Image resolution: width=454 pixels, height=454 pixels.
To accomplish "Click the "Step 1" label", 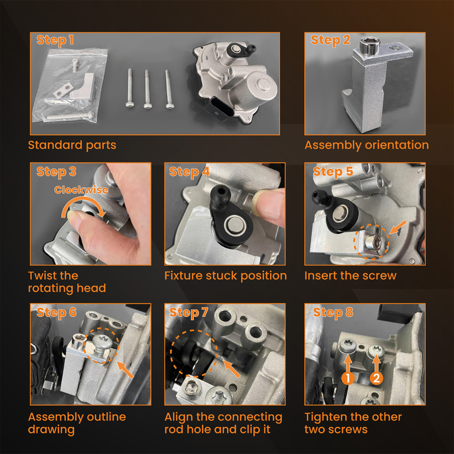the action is coord(55,40).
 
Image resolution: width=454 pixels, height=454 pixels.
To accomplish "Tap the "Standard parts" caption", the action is coord(72,145).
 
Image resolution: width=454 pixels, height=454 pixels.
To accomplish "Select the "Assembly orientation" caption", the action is coord(366,145).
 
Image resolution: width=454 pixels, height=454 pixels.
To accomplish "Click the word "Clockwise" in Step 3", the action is coord(81,190).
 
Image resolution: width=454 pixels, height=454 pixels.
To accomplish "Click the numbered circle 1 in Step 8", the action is coord(348,378).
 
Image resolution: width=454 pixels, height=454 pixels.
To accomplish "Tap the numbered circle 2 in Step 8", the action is coord(376,378).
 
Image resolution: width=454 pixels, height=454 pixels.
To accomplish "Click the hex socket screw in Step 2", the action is coord(370,46).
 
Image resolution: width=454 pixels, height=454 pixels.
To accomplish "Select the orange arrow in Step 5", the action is coord(398,227).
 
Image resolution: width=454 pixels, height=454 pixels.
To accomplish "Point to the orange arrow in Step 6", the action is coord(125,370).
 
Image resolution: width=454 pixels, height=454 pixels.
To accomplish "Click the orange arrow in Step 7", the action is coord(232,368).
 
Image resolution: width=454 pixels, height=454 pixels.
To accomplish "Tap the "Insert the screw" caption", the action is coord(350,276).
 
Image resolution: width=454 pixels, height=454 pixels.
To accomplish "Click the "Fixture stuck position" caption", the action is coord(226,276).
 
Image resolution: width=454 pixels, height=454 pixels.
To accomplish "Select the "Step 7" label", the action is coord(189,312).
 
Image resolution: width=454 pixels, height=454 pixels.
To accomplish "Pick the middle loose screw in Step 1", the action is coord(148,89).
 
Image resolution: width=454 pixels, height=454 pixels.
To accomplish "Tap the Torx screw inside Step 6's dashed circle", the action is coord(101,344).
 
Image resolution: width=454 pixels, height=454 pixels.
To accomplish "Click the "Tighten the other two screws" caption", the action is coord(353,423).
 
